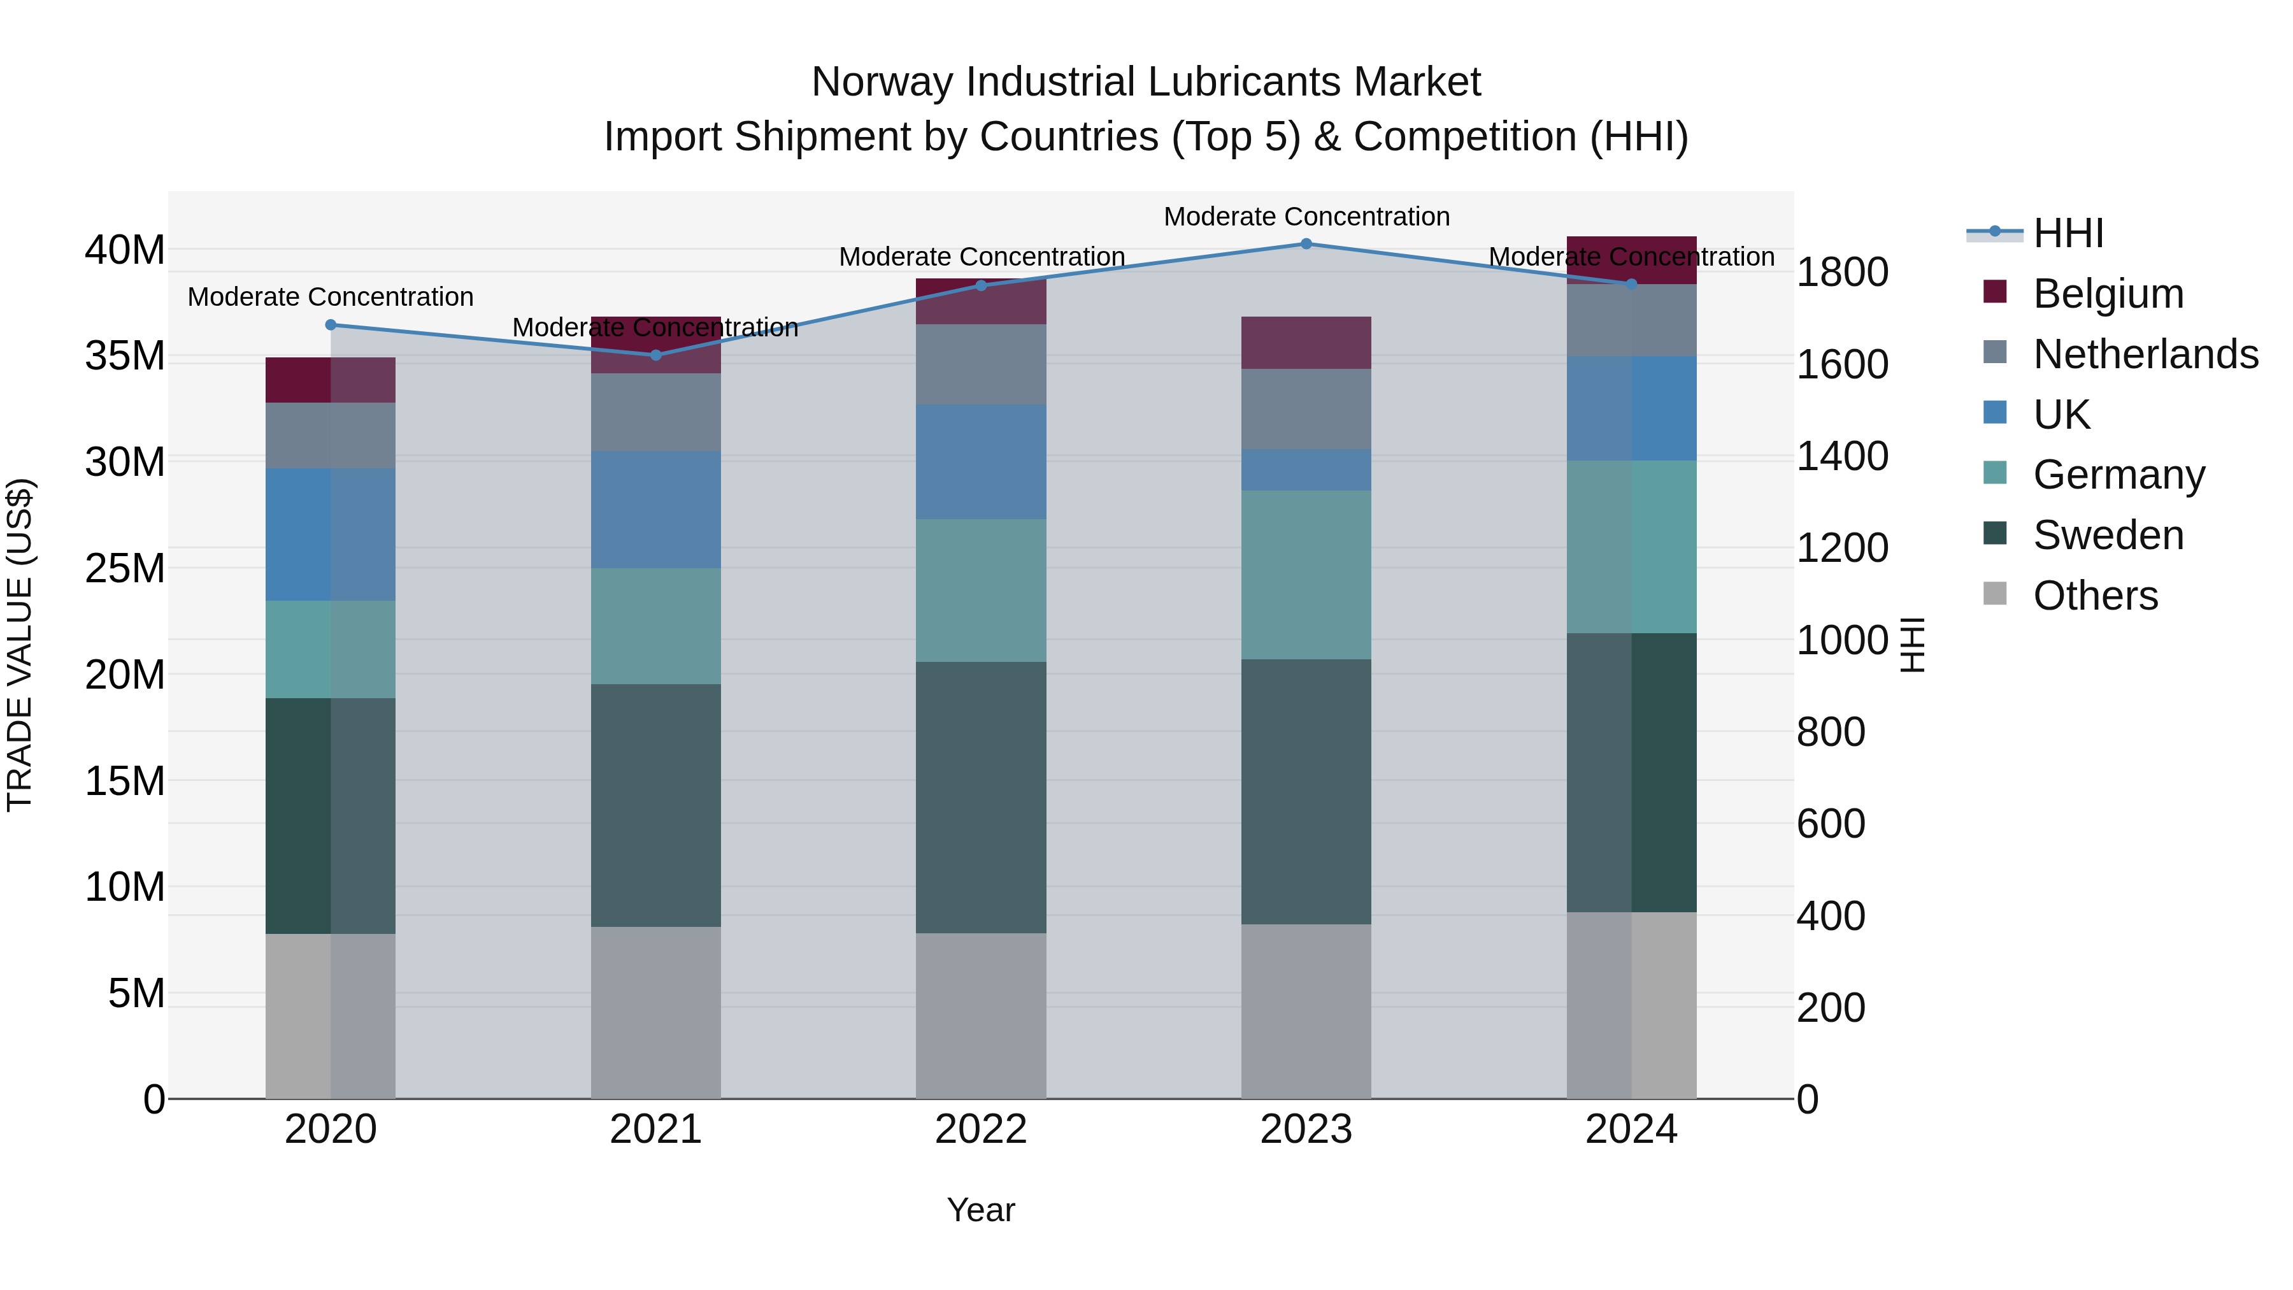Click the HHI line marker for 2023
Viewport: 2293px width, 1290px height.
1306,244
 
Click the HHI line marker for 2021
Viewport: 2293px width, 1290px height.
656,355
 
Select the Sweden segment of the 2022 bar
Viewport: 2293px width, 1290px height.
981,797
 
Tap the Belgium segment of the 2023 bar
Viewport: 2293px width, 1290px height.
1306,343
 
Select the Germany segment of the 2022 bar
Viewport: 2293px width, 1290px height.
981,591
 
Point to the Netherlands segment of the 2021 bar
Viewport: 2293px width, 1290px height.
656,412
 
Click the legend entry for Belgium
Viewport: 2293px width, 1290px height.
2108,294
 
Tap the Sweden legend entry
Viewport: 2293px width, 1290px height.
2108,535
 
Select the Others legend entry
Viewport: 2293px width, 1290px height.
2096,596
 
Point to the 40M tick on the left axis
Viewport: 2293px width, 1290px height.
125,250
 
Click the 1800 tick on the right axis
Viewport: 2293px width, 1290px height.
1841,273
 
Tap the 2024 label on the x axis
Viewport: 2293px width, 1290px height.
1631,1129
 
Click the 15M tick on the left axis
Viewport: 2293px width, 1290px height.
125,781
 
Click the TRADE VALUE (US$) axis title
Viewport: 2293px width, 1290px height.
20,645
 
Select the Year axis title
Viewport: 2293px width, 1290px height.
981,1210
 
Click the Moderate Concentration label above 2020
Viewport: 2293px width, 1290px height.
330,296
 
